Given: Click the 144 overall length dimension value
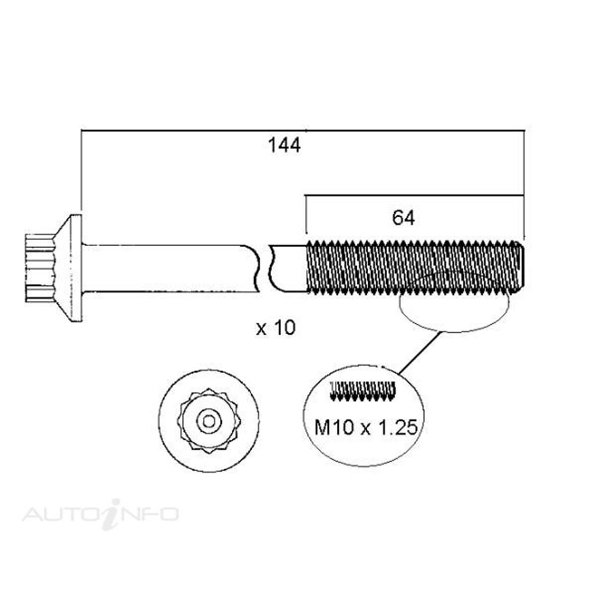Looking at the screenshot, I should click(x=285, y=146).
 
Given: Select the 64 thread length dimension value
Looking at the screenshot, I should click(x=403, y=218).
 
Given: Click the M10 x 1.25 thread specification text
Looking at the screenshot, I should click(x=365, y=427).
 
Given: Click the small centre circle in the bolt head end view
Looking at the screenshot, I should click(x=209, y=422).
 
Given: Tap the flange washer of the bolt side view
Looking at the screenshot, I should click(x=74, y=268).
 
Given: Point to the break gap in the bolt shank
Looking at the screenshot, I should click(x=264, y=268).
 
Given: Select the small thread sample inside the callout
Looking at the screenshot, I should click(x=363, y=391).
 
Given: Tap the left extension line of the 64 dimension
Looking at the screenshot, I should click(x=305, y=214).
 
